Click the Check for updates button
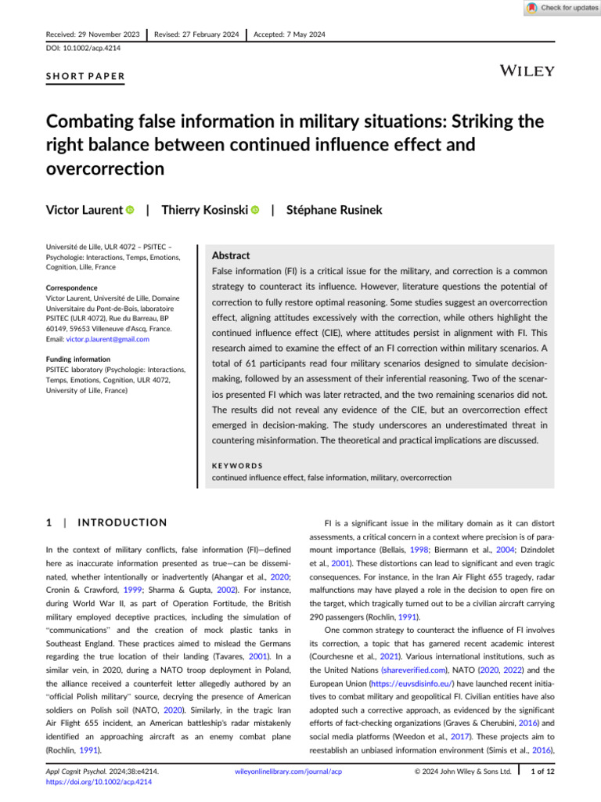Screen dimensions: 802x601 tap(562, 8)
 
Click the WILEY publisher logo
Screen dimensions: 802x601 tap(527, 70)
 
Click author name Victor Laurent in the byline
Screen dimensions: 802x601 tap(85, 188)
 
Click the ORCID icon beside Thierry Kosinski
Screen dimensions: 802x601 tap(256, 189)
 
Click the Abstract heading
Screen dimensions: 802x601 tap(232, 255)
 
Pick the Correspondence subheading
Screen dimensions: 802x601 tap(75, 287)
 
